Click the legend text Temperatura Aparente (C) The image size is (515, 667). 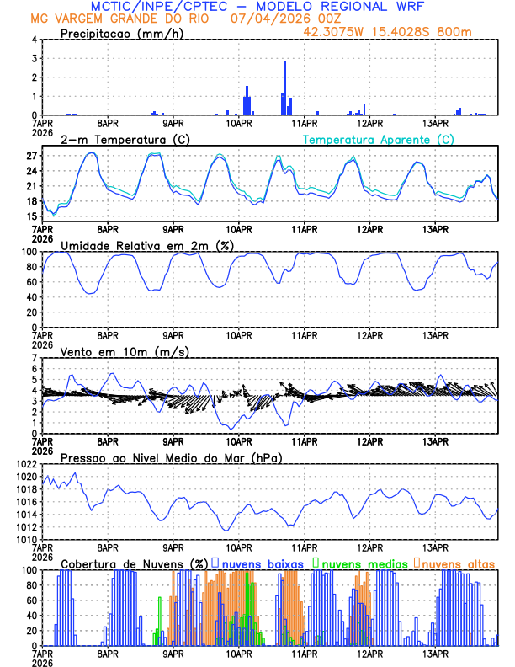pos(379,140)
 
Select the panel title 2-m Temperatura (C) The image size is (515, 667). pos(119,140)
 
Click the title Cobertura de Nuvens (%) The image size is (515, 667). pos(134,563)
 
